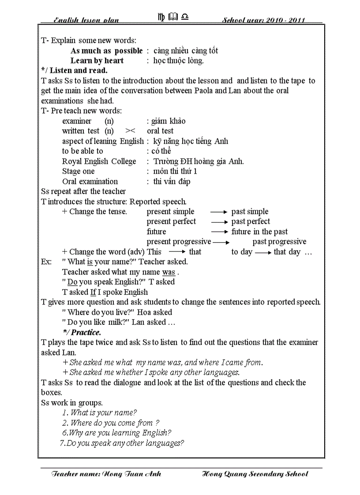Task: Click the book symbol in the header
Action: [x=172, y=17]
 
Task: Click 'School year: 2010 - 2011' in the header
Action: [x=263, y=20]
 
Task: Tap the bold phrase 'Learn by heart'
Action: [x=97, y=61]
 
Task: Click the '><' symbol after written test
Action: [x=130, y=131]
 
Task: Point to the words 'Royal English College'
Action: [x=99, y=161]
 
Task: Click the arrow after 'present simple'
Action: [x=218, y=212]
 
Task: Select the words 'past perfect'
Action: [x=251, y=222]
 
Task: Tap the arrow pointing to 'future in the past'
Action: [x=218, y=232]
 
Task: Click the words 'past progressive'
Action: [x=279, y=242]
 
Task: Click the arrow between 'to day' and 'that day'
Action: [x=262, y=253]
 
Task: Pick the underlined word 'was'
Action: [x=169, y=272]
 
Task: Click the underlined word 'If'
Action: [x=93, y=292]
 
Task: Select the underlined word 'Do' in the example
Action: [x=72, y=282]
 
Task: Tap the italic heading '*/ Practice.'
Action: [x=82, y=332]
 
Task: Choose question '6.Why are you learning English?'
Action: [x=116, y=433]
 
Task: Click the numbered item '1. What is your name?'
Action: [x=99, y=413]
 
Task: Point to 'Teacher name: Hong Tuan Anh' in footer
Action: [x=106, y=474]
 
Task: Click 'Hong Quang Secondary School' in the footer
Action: [x=255, y=474]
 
